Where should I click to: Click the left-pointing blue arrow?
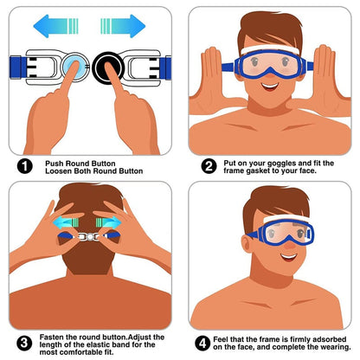(57, 25)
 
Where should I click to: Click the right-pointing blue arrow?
(128, 25)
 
